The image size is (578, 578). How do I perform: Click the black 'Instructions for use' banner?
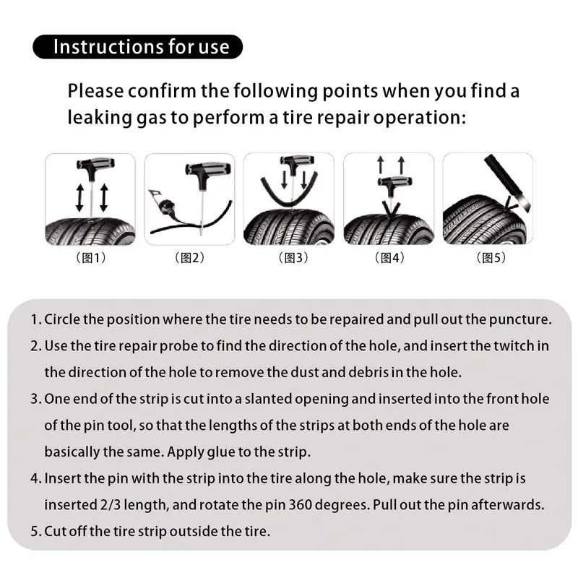coord(137,47)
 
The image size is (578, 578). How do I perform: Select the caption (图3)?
coord(291,258)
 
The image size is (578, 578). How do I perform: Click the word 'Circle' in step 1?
coord(61,319)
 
